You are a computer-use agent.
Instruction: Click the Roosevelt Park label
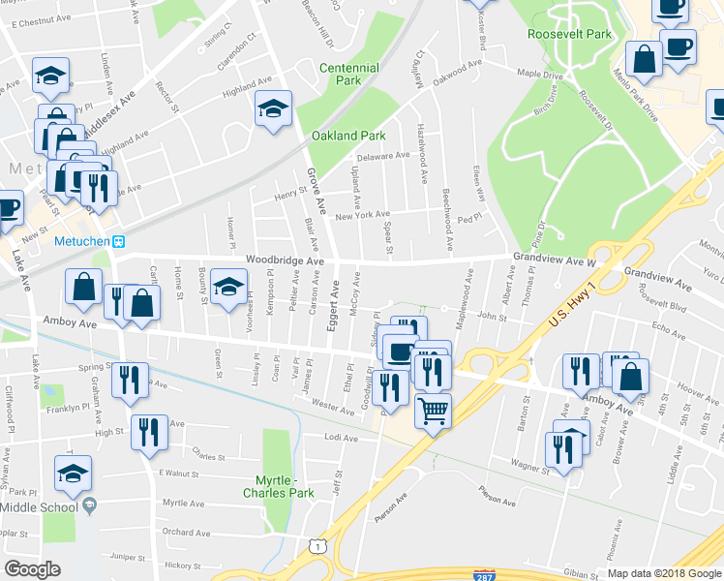[570, 34]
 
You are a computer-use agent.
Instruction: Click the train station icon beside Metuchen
[119, 241]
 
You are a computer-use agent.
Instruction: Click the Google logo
[33, 569]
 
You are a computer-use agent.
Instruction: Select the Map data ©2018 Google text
[663, 573]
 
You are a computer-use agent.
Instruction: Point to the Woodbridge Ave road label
[284, 260]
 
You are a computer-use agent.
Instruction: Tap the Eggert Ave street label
[334, 305]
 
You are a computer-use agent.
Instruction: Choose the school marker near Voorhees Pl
[228, 287]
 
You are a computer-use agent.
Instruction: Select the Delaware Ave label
[383, 156]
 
